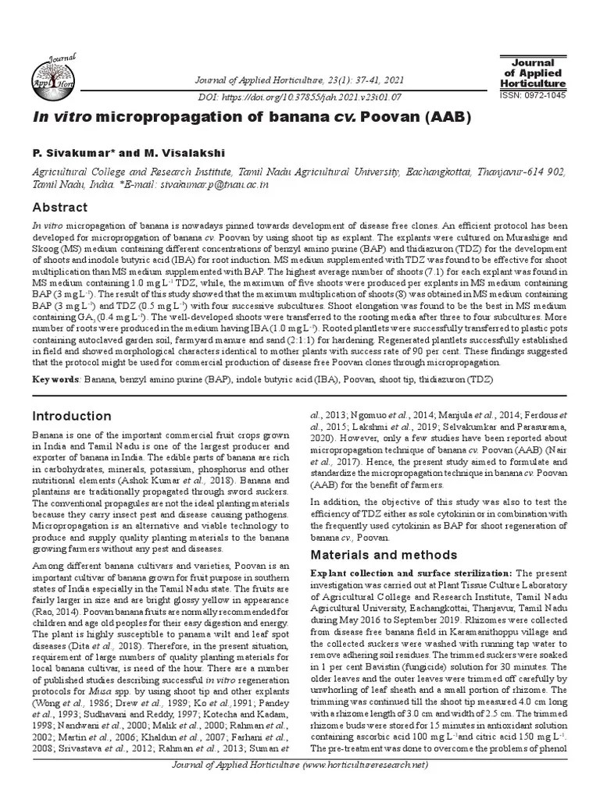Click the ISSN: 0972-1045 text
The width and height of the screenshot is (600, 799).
pyautogui.click(x=532, y=95)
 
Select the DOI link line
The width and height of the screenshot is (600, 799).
pyautogui.click(x=301, y=98)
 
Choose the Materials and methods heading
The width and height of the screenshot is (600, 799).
pyautogui.click(x=384, y=555)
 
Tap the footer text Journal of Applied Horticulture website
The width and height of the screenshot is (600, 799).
pyautogui.click(x=300, y=787)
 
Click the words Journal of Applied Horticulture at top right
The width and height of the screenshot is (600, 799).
pyautogui.click(x=532, y=73)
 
